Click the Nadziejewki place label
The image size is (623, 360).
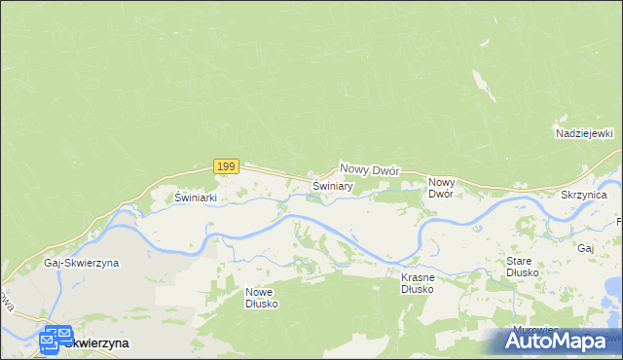[582, 132]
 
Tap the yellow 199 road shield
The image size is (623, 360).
[226, 166]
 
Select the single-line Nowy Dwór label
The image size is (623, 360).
[370, 169]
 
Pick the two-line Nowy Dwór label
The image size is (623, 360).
[441, 187]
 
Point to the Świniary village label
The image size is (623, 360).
[332, 185]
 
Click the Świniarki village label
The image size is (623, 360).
[195, 197]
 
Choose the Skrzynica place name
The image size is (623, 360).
[584, 196]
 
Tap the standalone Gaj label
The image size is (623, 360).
[585, 248]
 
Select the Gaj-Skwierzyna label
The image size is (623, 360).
[81, 263]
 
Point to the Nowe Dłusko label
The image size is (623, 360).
[262, 298]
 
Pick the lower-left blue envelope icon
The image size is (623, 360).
[50, 342]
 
